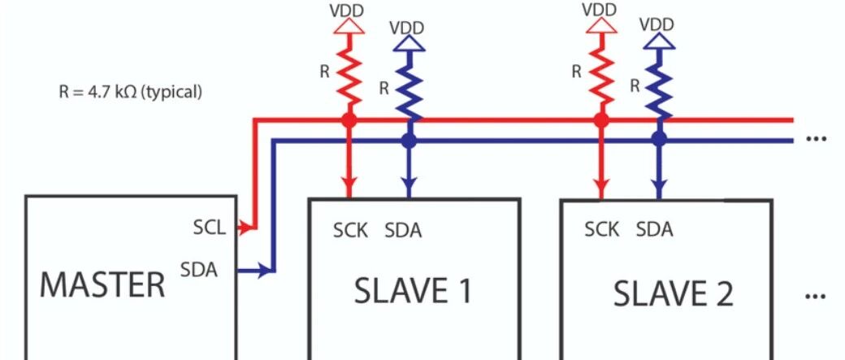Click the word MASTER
[x=102, y=285]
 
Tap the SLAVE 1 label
[x=413, y=290]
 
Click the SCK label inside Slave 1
[x=350, y=230]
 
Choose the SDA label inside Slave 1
[x=403, y=230]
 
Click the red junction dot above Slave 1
[x=349, y=120]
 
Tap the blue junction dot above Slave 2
[x=659, y=140]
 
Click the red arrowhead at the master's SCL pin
[x=244, y=228]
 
